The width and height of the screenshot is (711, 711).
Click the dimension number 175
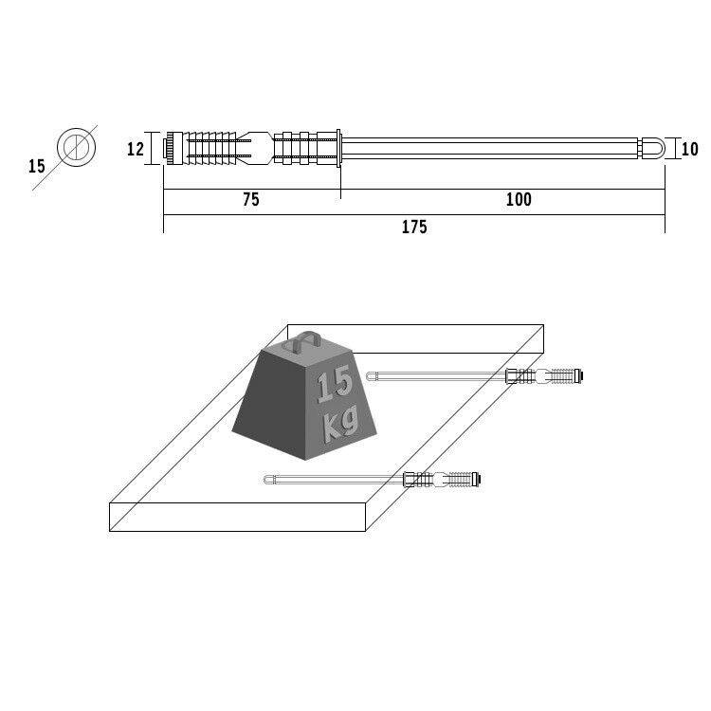[414, 227]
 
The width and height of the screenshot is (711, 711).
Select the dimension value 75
[250, 199]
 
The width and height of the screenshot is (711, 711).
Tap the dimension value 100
[519, 199]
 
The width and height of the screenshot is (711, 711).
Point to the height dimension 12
[135, 148]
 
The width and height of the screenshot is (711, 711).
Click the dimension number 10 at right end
[689, 149]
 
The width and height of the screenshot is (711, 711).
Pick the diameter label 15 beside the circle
[37, 166]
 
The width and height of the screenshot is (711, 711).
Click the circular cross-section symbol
[76, 147]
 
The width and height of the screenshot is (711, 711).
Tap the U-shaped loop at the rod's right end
[655, 149]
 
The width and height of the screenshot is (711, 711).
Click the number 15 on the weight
[335, 386]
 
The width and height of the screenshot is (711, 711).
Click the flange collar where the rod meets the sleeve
[337, 149]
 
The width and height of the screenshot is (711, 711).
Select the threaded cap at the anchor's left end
[169, 149]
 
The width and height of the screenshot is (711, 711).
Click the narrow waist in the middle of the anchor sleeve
[261, 149]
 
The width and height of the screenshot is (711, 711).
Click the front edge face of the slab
[238, 517]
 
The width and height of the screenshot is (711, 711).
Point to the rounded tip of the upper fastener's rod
[371, 376]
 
